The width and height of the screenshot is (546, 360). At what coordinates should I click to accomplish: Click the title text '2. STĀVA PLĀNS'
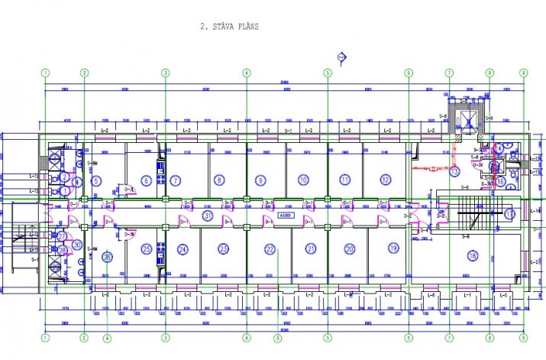230,26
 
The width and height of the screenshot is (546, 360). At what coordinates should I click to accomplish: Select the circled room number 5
95,181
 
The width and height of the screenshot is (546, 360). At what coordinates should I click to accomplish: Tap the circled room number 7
176,180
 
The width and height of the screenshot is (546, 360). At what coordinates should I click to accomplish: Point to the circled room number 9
260,180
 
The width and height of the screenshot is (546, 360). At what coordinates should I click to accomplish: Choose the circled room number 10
303,180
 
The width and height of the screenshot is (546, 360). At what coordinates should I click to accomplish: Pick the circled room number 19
393,248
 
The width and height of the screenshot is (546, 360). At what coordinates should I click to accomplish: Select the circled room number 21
310,248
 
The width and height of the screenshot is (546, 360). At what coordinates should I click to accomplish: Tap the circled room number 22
270,249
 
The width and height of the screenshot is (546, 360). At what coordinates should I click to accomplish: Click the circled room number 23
224,248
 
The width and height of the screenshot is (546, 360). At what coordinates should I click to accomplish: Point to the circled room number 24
183,248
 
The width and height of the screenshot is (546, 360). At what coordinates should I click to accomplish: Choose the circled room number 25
147,248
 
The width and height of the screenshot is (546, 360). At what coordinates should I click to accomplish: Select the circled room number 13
454,172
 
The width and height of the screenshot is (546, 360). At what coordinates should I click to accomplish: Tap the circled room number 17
509,214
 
